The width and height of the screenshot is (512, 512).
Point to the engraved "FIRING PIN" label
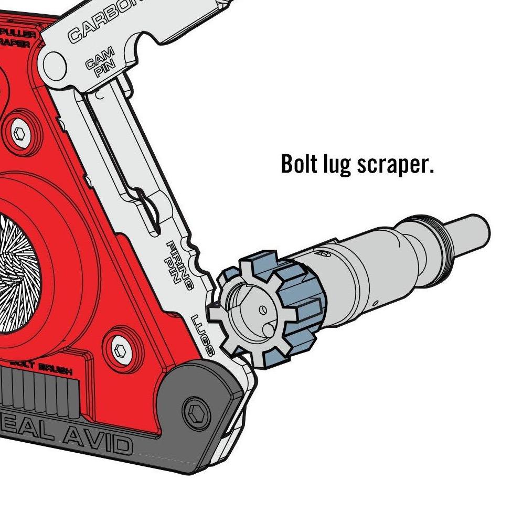coord(178,262)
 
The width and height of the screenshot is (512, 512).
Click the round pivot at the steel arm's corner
coord(55,64)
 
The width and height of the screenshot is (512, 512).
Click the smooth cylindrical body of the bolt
coord(362,273)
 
